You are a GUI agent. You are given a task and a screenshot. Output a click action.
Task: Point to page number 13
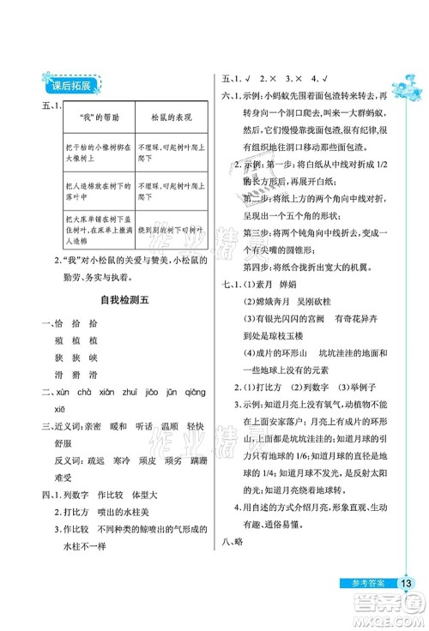point(407,584)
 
